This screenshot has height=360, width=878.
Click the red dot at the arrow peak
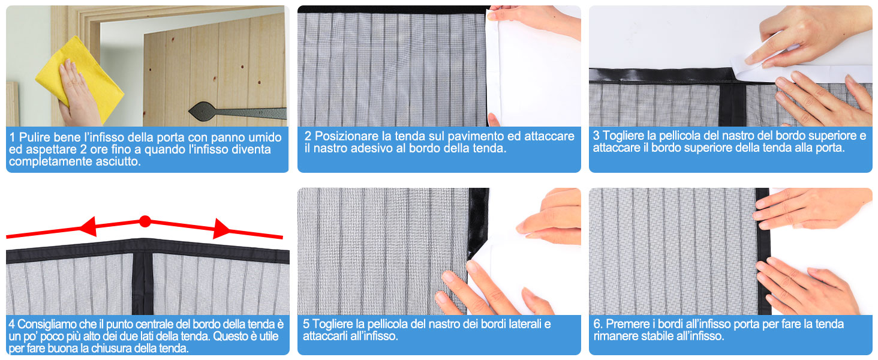(145, 221)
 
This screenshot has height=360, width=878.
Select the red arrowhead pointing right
(222, 229)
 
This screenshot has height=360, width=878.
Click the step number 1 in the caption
(13, 137)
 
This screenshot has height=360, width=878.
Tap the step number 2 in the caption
(308, 136)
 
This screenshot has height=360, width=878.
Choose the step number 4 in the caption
(13, 325)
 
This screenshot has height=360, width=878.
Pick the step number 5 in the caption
(306, 324)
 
